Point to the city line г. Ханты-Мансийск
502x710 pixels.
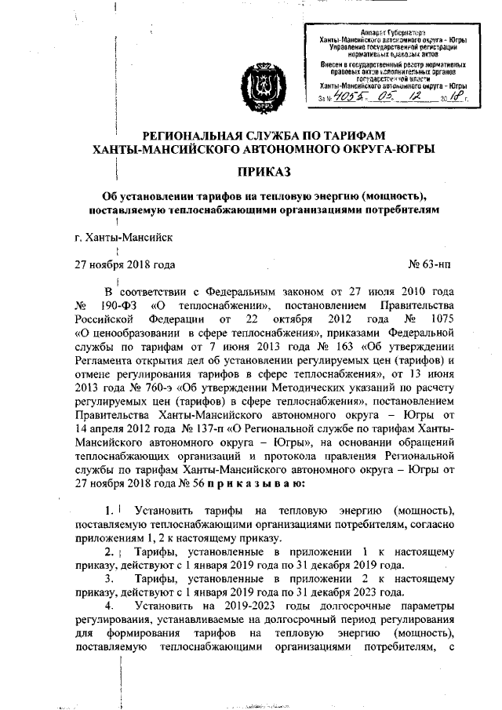(119, 236)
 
